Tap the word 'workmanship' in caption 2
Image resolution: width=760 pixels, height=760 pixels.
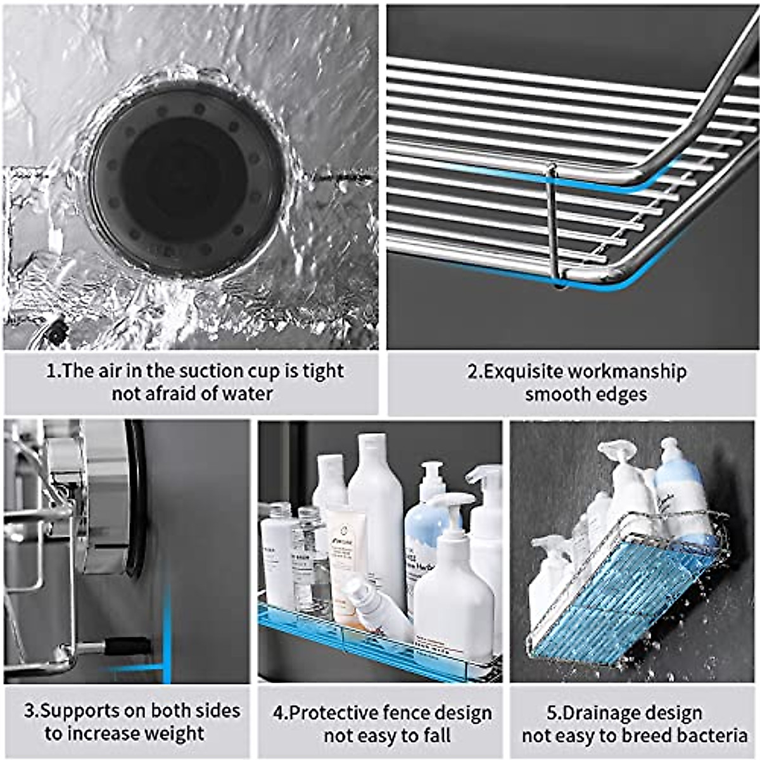click(627, 372)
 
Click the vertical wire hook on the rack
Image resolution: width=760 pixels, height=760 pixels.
click(553, 225)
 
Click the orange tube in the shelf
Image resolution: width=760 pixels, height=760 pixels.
click(345, 557)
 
